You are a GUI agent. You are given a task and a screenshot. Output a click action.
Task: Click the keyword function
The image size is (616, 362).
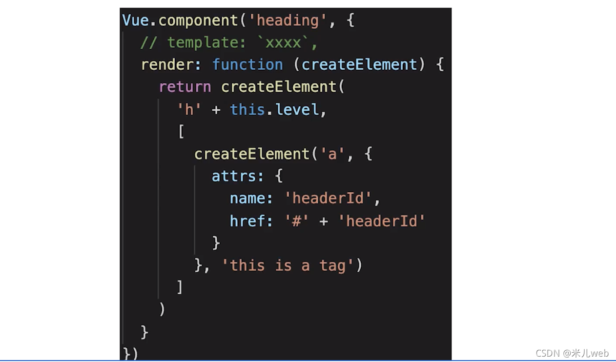coord(247,64)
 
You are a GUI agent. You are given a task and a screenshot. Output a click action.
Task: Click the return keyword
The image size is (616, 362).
coord(185,87)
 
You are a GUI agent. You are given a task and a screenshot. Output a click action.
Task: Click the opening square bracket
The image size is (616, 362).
coord(181,131)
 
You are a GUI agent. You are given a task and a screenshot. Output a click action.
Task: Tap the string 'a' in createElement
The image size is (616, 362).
coord(332,154)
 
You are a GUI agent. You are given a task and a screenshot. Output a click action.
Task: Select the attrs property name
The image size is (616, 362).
coord(238,176)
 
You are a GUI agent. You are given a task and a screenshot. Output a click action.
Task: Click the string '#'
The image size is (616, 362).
coord(297,221)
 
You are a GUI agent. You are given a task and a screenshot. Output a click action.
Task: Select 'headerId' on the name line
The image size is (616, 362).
coord(328,199)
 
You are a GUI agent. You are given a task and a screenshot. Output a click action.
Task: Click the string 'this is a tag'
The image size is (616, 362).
coord(288,265)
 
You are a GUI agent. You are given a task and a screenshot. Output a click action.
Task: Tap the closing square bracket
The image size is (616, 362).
coord(180,287)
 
